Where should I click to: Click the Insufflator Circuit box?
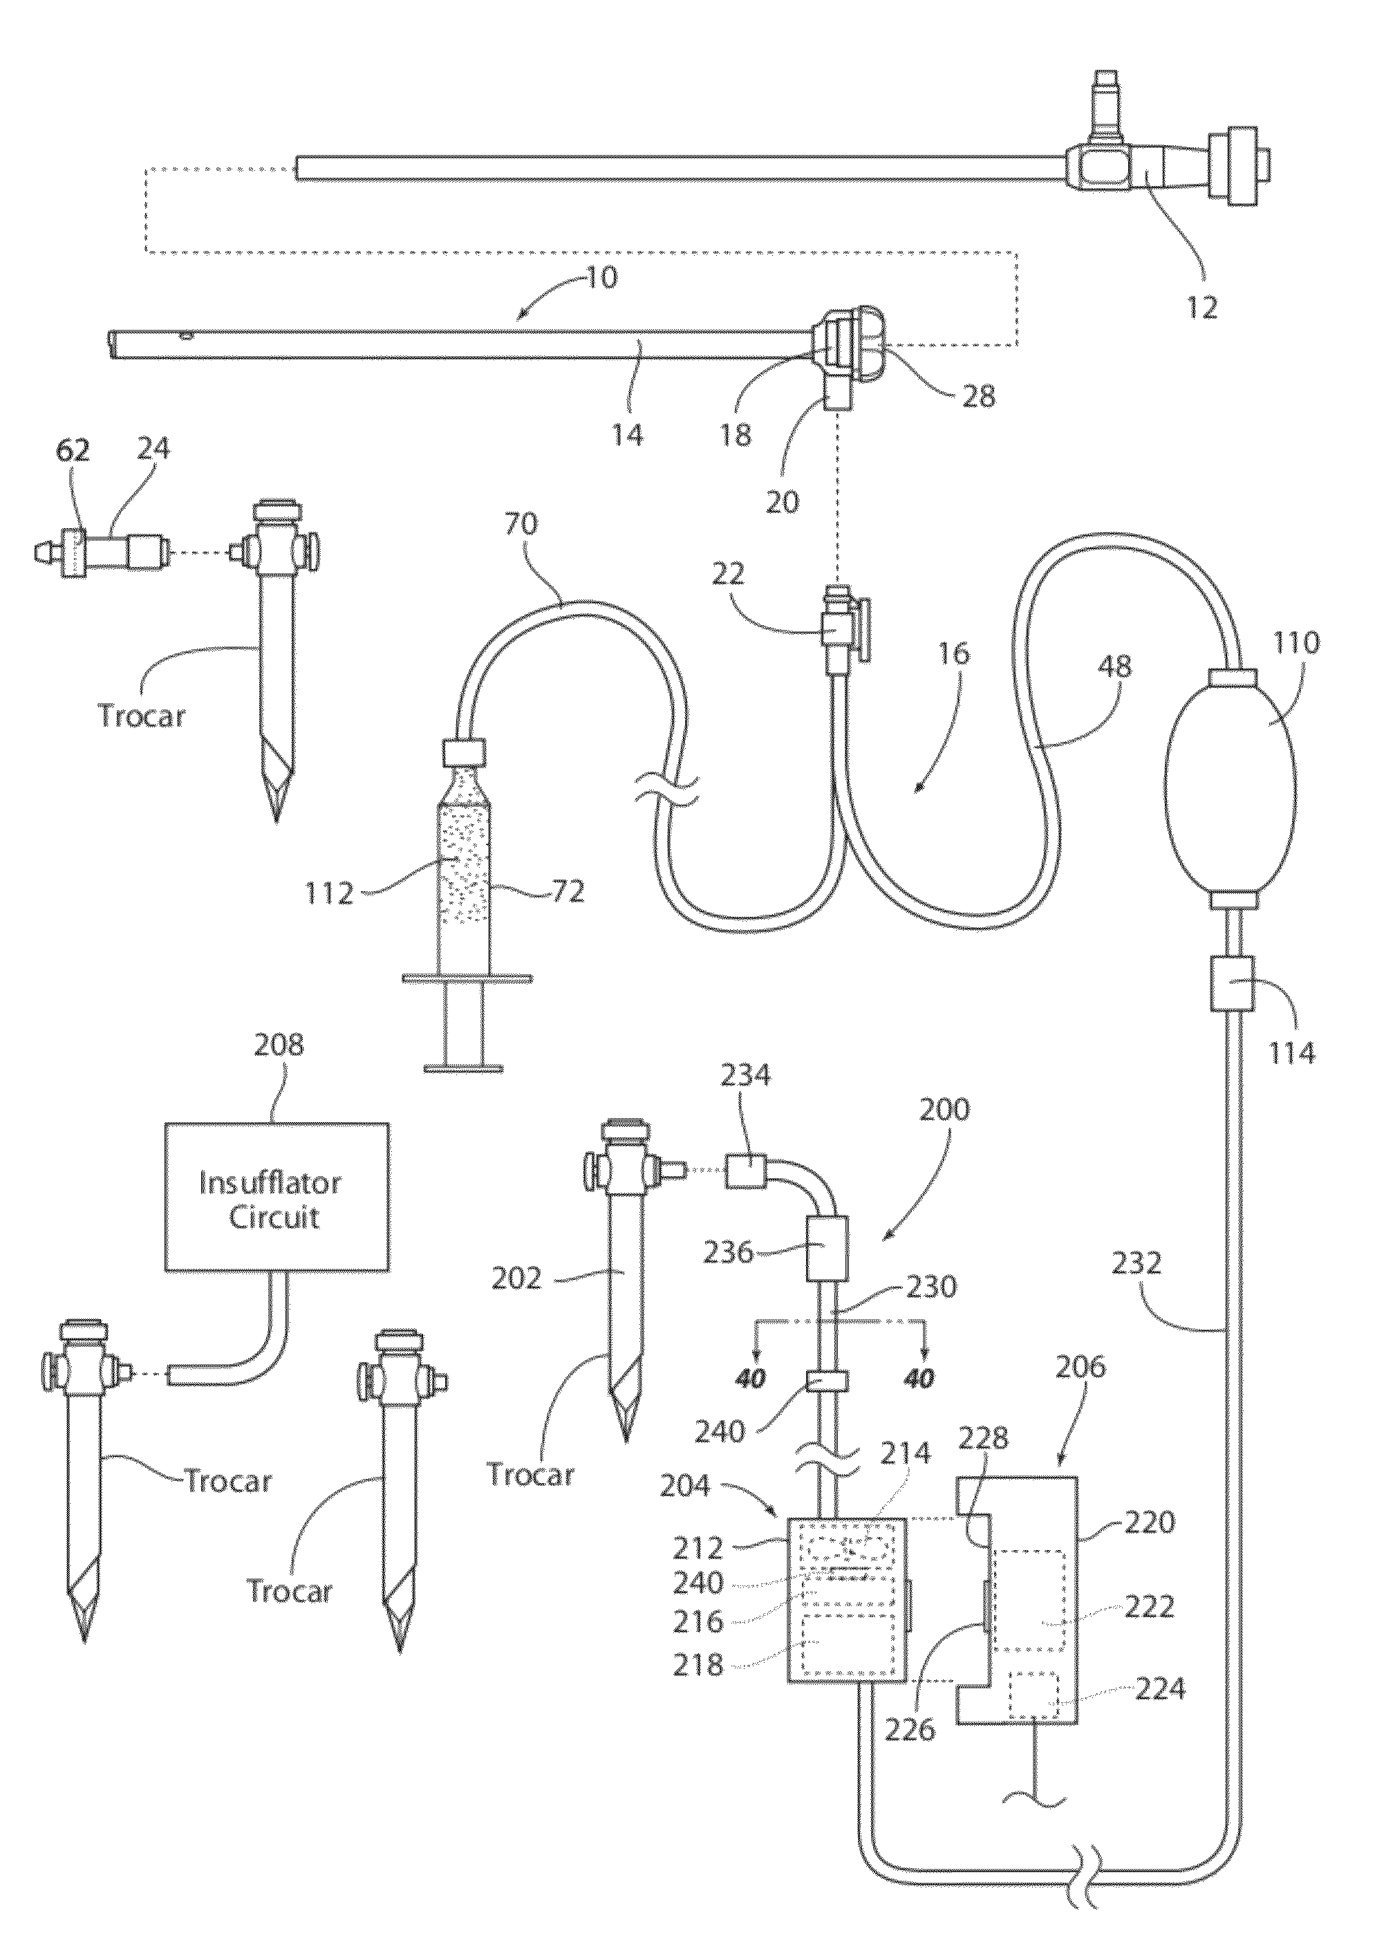[x=277, y=1197]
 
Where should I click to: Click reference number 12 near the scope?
[x=1202, y=307]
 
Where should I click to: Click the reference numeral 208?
[x=278, y=1045]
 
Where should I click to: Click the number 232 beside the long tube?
[x=1137, y=1262]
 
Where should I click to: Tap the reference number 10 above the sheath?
[x=601, y=277]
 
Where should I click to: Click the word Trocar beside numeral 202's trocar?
[x=531, y=1474]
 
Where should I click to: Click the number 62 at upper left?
[x=73, y=450]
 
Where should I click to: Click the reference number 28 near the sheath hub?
[x=978, y=395]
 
